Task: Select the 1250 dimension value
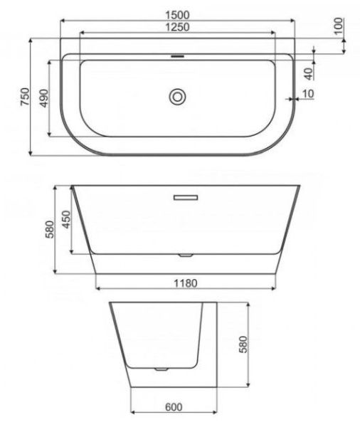point(176,26)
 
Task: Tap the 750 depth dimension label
point(23,97)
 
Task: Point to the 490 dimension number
point(43,98)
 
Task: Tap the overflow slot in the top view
point(177,55)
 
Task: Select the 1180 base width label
point(185,283)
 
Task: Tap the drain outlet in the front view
point(186,254)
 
